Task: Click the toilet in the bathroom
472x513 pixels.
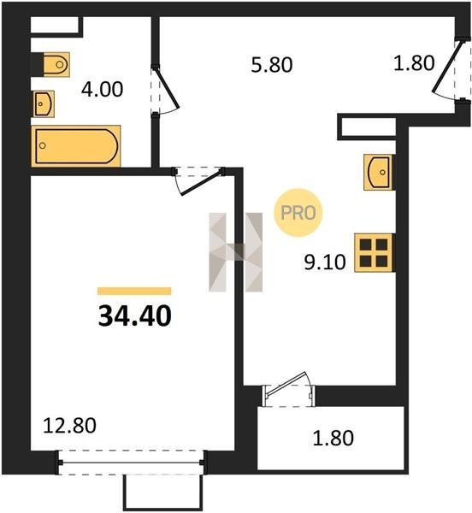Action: [56, 64]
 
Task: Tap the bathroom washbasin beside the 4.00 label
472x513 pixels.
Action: [44, 104]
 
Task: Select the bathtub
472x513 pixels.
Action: [76, 146]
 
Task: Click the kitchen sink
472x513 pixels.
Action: [378, 172]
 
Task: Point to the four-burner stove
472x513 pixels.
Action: [374, 253]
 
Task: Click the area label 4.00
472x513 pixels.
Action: [102, 90]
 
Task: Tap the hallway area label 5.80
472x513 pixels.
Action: [272, 65]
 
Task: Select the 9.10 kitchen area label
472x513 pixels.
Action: [325, 262]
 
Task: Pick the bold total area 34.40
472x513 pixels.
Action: [135, 316]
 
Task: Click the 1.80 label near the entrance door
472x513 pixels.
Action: [414, 63]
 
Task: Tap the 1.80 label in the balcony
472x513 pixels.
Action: [333, 438]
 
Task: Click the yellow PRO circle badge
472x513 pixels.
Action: [298, 213]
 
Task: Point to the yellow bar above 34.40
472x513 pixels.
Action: [134, 292]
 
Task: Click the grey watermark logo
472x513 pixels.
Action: [235, 252]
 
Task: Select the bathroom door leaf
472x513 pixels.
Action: [168, 88]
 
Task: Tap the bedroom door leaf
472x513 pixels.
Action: [202, 183]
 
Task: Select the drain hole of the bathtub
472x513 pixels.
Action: [42, 145]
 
